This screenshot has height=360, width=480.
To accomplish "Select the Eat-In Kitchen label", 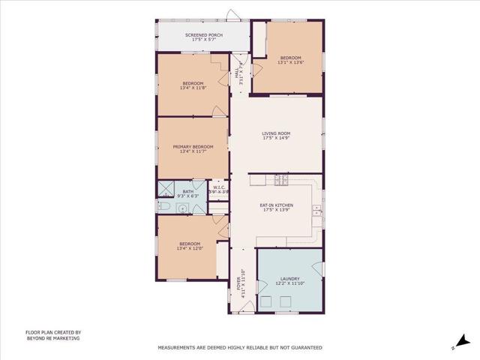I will [276, 205].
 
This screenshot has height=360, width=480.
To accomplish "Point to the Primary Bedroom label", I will [193, 146].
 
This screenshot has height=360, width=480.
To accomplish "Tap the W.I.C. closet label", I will [217, 188].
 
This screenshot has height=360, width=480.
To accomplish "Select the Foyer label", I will [239, 283].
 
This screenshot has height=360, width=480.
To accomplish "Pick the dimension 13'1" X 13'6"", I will [291, 63].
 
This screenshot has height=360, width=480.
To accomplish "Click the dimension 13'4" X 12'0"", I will [189, 247].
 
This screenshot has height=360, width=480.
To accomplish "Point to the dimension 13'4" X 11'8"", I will [193, 88].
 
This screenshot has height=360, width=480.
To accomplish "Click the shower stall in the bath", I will [166, 187].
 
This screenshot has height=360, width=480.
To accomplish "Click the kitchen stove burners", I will [280, 180].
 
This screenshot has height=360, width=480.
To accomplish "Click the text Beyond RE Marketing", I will [53, 338].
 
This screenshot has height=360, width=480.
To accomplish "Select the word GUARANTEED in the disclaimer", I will [304, 348].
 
